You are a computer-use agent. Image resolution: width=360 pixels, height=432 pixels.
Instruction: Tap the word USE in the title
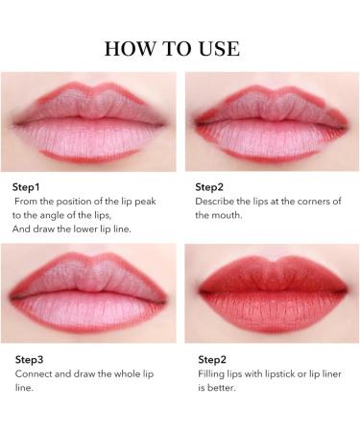tap(217, 48)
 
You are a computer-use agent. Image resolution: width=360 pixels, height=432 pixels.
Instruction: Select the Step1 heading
tap(29, 186)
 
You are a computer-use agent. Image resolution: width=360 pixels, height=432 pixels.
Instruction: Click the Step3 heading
tap(30, 359)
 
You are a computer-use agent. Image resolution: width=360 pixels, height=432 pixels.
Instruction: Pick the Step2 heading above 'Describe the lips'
tap(211, 186)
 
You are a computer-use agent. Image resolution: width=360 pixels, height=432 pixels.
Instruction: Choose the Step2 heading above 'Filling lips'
tap(211, 359)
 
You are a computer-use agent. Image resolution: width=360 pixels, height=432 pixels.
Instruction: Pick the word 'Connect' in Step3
tap(34, 373)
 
